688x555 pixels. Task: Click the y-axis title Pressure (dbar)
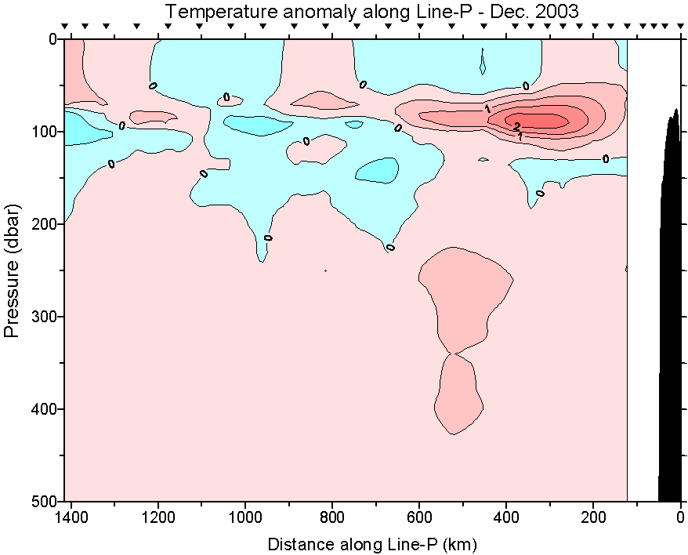point(12,270)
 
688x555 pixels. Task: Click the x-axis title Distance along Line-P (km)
point(372,543)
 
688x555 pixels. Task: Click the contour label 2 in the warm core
point(516,125)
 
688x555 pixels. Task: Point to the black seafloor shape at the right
point(672,314)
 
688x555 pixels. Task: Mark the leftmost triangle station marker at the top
point(65,27)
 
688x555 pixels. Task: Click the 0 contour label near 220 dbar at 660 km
point(390,248)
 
